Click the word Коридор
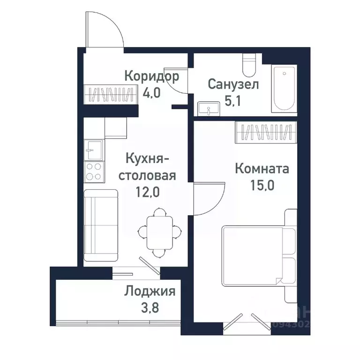(152, 76)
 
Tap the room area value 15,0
(262, 184)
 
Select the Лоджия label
(150, 292)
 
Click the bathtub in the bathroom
(285, 89)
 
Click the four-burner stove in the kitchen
(93, 171)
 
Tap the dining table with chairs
(159, 232)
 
